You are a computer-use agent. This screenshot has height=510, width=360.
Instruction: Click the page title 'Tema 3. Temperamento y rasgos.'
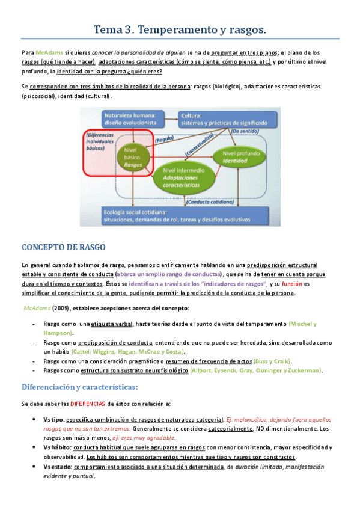(x=180, y=29)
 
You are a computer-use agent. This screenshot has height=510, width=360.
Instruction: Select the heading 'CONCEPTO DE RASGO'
(x=64, y=247)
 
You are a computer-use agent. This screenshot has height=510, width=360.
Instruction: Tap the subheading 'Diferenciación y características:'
(x=80, y=386)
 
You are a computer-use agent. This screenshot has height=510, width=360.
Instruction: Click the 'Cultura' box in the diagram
(x=227, y=118)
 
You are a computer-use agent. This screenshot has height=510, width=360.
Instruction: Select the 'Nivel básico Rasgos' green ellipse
(x=132, y=158)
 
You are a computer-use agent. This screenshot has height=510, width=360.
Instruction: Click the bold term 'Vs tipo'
(x=53, y=419)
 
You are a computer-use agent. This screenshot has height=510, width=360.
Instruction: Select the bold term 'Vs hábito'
(x=56, y=447)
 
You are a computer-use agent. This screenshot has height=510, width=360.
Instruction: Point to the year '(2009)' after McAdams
(x=60, y=308)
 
